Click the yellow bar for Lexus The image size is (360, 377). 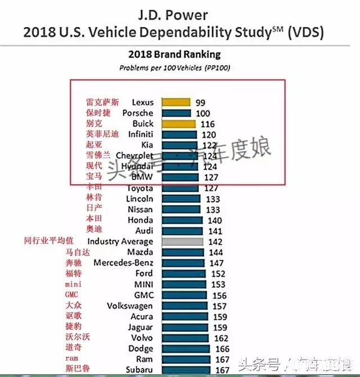pyautogui.click(x=176, y=102)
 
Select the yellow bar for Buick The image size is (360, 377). pyautogui.click(x=178, y=124)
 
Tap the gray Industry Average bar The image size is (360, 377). pyautogui.click(x=182, y=241)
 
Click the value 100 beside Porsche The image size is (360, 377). pyautogui.click(x=203, y=113)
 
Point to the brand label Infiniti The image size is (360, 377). pyautogui.click(x=140, y=134)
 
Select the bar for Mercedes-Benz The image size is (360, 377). pyautogui.click(x=183, y=263)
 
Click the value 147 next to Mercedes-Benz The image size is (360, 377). pyautogui.click(x=215, y=263)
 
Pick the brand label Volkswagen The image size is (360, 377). pyautogui.click(x=129, y=306)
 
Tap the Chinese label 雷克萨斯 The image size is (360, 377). pyautogui.click(x=102, y=102)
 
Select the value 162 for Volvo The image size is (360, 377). pyautogui.click(x=221, y=338)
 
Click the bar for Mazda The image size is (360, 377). pyautogui.click(x=183, y=252)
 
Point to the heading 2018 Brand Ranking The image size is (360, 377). pyautogui.click(x=174, y=55)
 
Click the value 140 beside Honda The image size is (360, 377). pyautogui.click(x=214, y=220)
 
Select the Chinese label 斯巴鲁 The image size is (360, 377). pyautogui.click(x=76, y=369)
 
